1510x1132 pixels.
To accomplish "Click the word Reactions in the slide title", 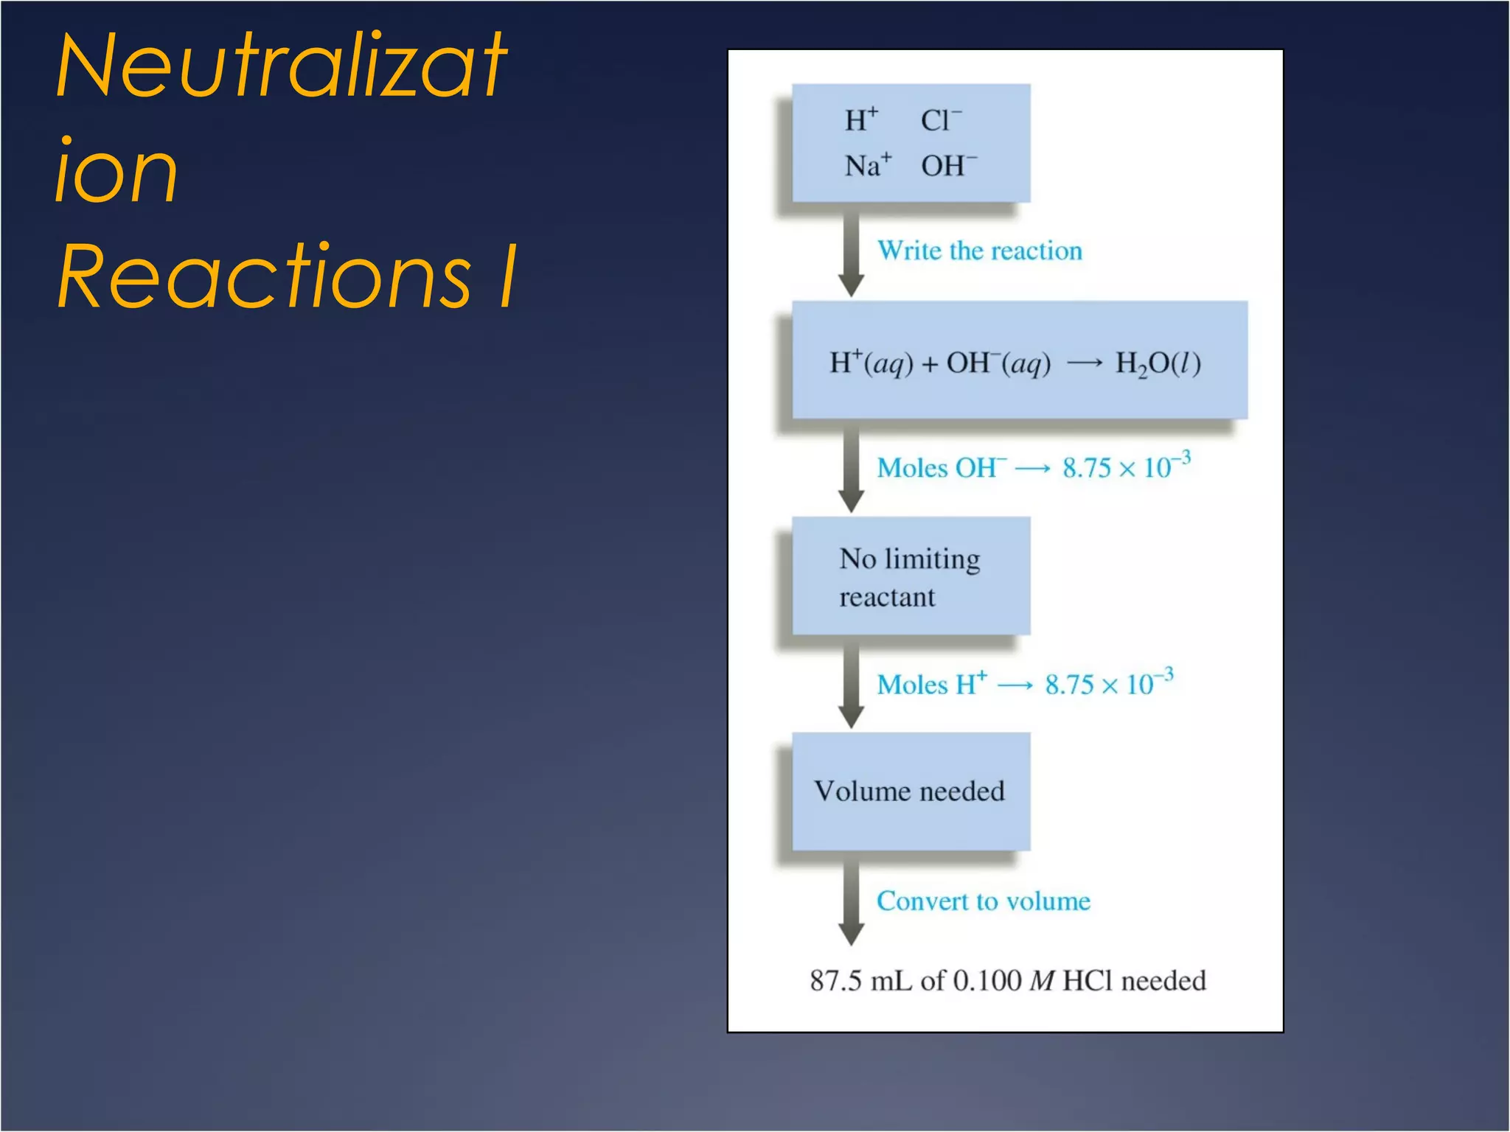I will click(x=263, y=276).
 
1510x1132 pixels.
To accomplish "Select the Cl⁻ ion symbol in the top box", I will click(x=941, y=120).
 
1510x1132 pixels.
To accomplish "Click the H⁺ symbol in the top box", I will click(x=861, y=119).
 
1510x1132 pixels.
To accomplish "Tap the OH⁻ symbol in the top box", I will click(x=948, y=165).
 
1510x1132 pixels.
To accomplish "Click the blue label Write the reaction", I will click(x=979, y=251).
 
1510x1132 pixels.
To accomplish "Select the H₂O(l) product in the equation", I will click(x=1158, y=363).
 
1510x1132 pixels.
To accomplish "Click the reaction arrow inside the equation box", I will click(x=1085, y=363).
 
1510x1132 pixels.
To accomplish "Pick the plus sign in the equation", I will click(x=929, y=364).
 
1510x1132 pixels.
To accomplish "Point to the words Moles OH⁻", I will click(x=941, y=468).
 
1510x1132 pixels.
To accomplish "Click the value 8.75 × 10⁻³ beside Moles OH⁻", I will click(x=1126, y=467).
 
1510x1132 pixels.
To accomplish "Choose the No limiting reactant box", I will click(x=911, y=576).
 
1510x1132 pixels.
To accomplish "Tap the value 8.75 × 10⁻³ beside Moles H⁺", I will click(x=1109, y=683).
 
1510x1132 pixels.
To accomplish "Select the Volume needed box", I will click(x=911, y=791).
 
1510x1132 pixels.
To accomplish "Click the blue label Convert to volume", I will click(x=983, y=901).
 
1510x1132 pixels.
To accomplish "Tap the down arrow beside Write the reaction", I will click(x=852, y=255).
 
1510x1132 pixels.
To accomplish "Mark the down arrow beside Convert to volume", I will click(x=852, y=903).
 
